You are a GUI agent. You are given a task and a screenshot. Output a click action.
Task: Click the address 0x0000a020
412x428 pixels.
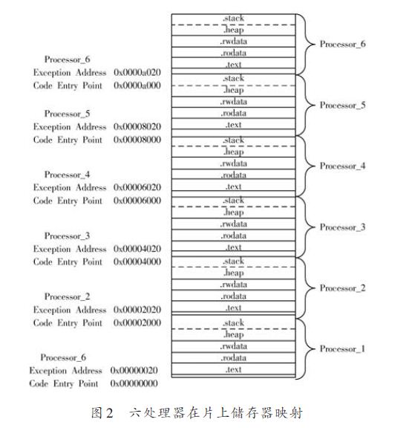(x=137, y=72)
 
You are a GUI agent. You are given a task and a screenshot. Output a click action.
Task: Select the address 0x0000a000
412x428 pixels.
(x=137, y=85)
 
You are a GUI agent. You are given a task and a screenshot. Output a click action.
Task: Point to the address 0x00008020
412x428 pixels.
(x=137, y=126)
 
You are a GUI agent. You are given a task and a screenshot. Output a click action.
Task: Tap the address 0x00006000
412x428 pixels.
(x=137, y=201)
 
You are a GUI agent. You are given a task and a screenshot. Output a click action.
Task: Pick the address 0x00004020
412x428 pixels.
(x=137, y=249)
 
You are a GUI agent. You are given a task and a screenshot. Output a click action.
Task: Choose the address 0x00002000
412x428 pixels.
(x=137, y=322)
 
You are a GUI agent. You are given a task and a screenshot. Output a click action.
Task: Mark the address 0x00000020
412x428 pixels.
(x=134, y=370)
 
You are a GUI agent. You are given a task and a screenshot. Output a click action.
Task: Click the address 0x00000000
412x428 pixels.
(x=134, y=383)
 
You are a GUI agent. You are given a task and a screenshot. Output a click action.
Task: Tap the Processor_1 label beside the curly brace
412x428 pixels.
(x=342, y=348)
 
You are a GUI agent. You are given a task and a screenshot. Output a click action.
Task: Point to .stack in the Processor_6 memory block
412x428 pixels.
(x=233, y=19)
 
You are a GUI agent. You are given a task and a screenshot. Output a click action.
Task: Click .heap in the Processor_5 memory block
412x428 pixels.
(x=233, y=91)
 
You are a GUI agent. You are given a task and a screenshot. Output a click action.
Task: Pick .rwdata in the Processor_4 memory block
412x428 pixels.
(x=233, y=163)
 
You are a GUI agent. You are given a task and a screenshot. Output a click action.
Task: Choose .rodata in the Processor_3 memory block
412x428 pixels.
(x=233, y=236)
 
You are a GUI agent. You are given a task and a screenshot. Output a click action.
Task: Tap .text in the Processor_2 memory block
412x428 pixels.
(x=233, y=308)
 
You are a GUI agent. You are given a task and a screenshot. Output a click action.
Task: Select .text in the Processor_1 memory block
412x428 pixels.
(x=233, y=369)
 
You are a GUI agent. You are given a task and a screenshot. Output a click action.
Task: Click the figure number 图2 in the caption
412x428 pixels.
(x=102, y=412)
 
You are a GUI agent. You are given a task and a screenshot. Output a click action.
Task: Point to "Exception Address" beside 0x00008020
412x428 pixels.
(x=70, y=126)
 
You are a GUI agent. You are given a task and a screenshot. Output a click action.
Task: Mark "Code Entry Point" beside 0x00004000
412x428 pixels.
(x=68, y=262)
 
